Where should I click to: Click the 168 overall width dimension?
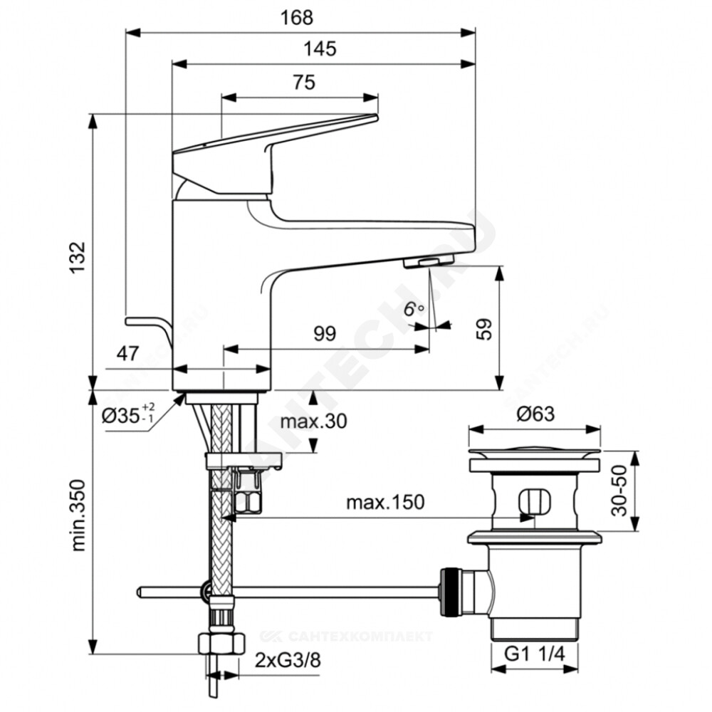[x=296, y=18]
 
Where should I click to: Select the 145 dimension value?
[x=320, y=48]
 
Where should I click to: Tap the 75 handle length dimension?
[x=304, y=82]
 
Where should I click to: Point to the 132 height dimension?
[x=78, y=258]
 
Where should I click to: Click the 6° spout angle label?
[x=413, y=310]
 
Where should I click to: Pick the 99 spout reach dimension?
[x=325, y=334]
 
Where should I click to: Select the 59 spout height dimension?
[x=484, y=329]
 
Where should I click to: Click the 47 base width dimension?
[x=127, y=353]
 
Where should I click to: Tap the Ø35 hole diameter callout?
[x=128, y=414]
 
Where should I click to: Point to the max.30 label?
[x=314, y=422]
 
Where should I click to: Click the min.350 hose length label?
[x=78, y=515]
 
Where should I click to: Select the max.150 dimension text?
[x=385, y=502]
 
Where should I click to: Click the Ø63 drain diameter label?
[x=536, y=414]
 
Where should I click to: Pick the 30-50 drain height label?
[x=619, y=491]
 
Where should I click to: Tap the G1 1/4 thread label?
[x=535, y=654]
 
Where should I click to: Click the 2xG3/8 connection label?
[x=288, y=660]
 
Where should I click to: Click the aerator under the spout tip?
[x=429, y=262]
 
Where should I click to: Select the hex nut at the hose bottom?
[x=221, y=644]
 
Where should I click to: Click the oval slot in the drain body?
[x=534, y=502]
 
